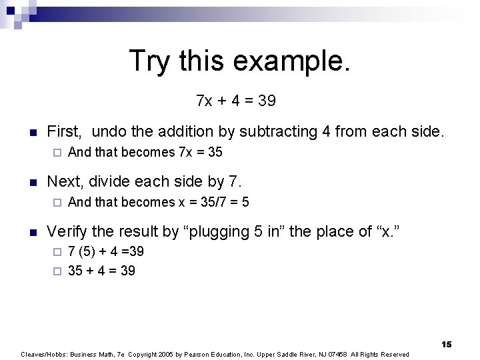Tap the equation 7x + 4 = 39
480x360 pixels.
point(237,101)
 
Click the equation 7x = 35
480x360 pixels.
point(201,152)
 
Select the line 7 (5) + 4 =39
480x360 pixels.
point(106,252)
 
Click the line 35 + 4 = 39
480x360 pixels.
point(101,271)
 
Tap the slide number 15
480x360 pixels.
point(446,344)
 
